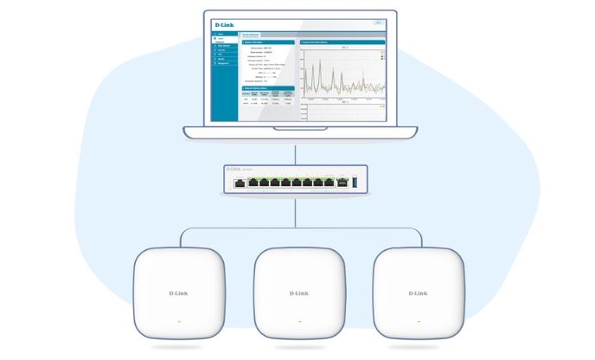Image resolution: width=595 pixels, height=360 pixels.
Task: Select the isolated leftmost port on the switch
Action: coord(240,183)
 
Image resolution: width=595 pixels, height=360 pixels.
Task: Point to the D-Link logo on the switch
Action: coord(233,169)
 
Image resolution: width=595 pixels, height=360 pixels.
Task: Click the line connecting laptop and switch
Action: coord(297,154)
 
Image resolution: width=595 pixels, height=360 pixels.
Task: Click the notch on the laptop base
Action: coord(297,130)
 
